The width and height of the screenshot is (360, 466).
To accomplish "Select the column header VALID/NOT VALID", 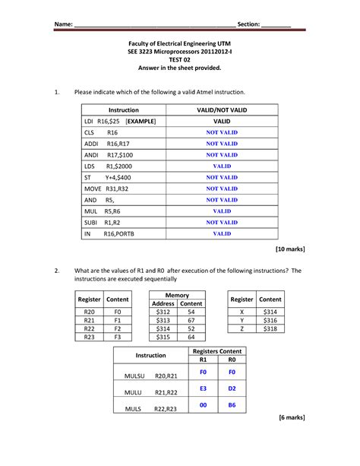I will click(222, 110).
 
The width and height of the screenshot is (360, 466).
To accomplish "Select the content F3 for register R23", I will click(118, 337).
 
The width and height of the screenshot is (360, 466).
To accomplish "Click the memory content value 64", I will click(191, 337).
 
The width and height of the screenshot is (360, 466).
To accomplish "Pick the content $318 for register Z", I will click(270, 329).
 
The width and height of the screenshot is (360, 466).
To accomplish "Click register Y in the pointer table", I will click(242, 320).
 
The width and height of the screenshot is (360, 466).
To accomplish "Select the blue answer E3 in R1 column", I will click(204, 388).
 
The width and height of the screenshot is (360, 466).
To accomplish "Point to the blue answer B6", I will click(232, 406).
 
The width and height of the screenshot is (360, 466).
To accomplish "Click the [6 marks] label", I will click(292, 418).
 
